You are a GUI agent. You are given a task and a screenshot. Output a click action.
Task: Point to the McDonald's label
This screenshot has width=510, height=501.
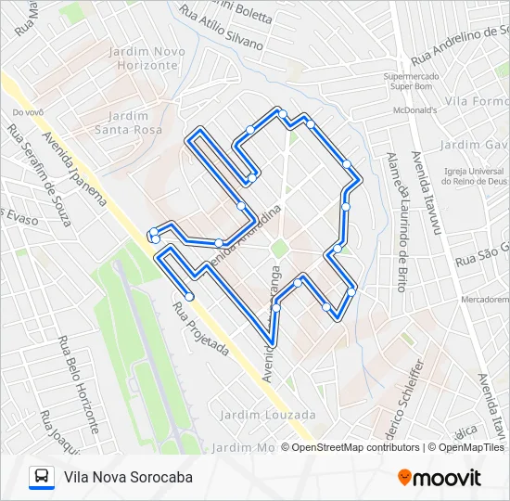413,109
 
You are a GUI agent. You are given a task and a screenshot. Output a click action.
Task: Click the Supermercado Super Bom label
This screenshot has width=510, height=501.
411,82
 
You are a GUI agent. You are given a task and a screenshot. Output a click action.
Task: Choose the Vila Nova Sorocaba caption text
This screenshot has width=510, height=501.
129,477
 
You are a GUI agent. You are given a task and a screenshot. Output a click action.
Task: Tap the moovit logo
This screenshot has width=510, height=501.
440,478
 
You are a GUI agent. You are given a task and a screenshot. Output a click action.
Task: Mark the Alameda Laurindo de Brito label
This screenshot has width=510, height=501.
400,222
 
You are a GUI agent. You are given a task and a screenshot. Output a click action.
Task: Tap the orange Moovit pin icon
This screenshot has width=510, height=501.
404,478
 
